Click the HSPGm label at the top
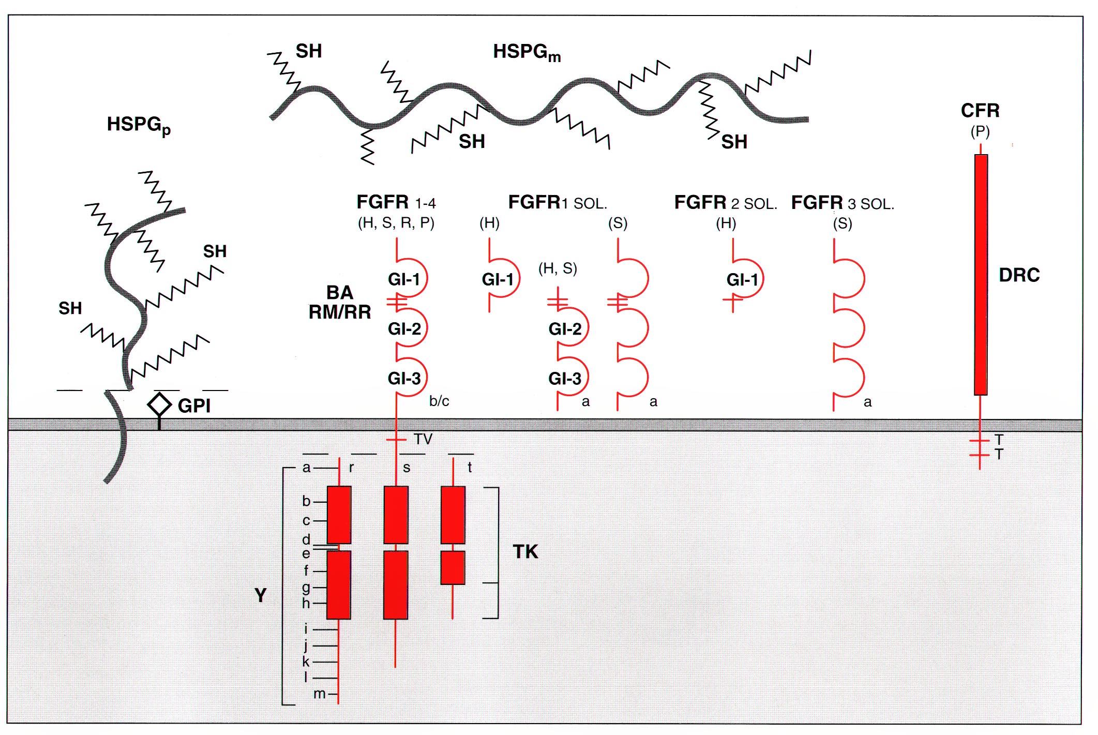pos(527,52)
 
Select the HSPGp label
pos(139,125)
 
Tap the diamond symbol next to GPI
pos(159,404)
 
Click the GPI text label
pos(194,406)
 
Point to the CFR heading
pos(980,111)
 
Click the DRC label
pos(1019,275)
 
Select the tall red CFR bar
pos(981,275)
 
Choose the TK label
pos(525,552)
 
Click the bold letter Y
pos(261,595)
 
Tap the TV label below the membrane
pos(423,440)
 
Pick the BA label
pos(340,293)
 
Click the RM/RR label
pos(340,312)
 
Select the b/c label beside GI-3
pos(439,401)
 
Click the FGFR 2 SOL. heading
pos(726,203)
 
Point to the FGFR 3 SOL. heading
pos(843,203)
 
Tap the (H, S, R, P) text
pos(396,223)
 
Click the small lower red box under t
pos(453,567)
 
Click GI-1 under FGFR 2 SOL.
pos(742,280)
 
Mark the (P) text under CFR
pos(980,132)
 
